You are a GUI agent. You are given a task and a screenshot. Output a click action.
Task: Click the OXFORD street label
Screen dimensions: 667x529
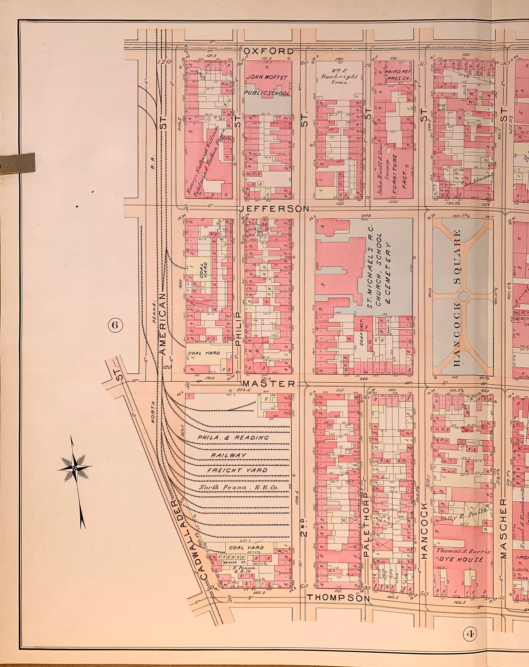268,52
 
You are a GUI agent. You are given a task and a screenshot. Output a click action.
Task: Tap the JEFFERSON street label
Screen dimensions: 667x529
274,209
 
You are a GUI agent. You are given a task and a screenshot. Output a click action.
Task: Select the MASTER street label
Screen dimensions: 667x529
269,384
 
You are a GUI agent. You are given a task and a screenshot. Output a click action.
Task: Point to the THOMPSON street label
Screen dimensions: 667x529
338,588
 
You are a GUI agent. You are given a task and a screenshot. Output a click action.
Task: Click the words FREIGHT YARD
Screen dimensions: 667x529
237,471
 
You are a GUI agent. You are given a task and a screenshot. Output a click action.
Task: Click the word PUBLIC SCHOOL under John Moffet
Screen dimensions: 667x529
268,94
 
